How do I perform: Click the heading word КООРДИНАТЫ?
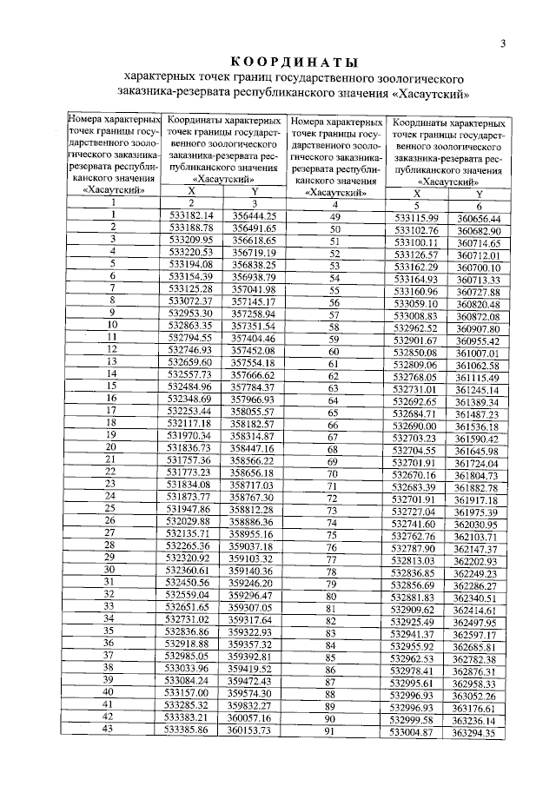[x=294, y=63]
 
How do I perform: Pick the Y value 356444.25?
[x=252, y=215]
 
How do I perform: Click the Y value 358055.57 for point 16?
[x=252, y=409]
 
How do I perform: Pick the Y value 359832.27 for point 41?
[x=251, y=704]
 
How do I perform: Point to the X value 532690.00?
[x=416, y=427]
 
